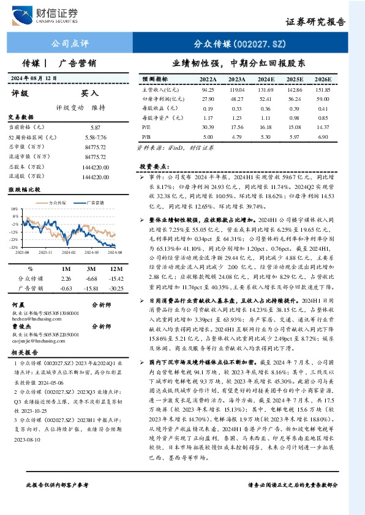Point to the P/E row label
146,128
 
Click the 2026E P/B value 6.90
323,138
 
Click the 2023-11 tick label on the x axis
46,251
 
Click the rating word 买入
90,94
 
